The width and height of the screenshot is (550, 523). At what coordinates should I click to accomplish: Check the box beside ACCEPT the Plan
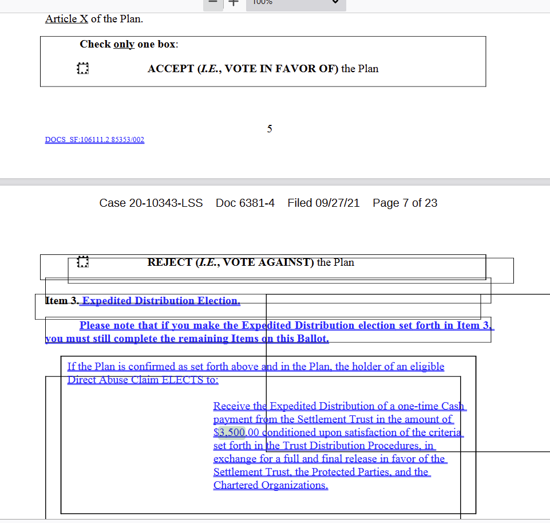coord(82,69)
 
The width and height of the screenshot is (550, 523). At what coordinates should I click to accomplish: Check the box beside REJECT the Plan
coord(82,262)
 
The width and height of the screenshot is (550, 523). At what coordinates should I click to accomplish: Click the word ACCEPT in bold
coord(171,69)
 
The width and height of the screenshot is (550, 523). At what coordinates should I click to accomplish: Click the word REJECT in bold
coord(170,262)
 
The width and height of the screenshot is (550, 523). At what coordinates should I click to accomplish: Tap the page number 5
coord(270,129)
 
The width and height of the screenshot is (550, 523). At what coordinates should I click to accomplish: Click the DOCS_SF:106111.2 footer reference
coord(94,140)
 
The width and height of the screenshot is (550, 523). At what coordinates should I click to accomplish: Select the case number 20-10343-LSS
coord(151,203)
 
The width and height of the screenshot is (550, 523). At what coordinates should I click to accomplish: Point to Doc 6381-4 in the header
coord(245,203)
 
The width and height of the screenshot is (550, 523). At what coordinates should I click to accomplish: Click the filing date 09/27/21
coord(338,203)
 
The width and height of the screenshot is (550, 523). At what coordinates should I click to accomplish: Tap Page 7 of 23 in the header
coord(405,203)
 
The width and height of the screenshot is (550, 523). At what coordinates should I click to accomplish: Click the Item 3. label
coord(62,301)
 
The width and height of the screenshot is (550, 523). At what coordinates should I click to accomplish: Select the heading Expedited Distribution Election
coord(161,301)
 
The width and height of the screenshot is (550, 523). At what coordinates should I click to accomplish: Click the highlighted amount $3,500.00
coord(236,432)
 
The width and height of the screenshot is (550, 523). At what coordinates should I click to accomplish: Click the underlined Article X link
coord(66,19)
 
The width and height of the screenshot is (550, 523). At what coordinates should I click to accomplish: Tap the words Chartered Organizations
coord(271,485)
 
